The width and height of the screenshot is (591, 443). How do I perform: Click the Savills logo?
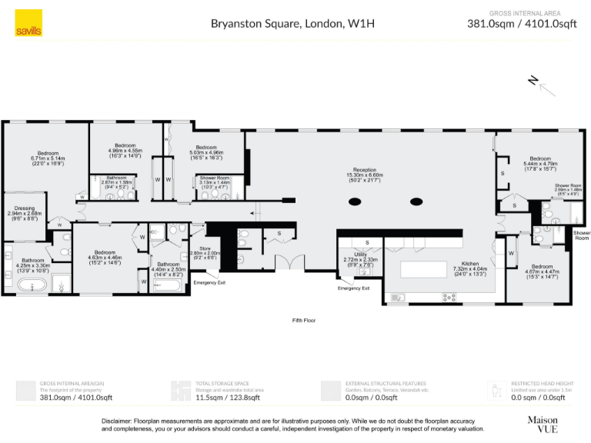tap(28, 25)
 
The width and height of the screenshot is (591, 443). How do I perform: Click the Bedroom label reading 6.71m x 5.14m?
tap(47, 158)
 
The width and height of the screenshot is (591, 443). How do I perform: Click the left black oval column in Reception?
tap(355, 202)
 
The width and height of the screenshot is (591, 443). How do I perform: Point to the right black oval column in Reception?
tap(416, 202)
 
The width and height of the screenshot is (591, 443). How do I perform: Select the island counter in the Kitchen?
tap(423, 269)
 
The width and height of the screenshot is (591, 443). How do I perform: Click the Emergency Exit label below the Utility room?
tap(353, 288)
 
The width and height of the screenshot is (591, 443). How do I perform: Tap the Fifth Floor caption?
tap(303, 320)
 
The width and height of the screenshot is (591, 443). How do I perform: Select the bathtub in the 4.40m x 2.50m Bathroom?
tap(167, 286)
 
